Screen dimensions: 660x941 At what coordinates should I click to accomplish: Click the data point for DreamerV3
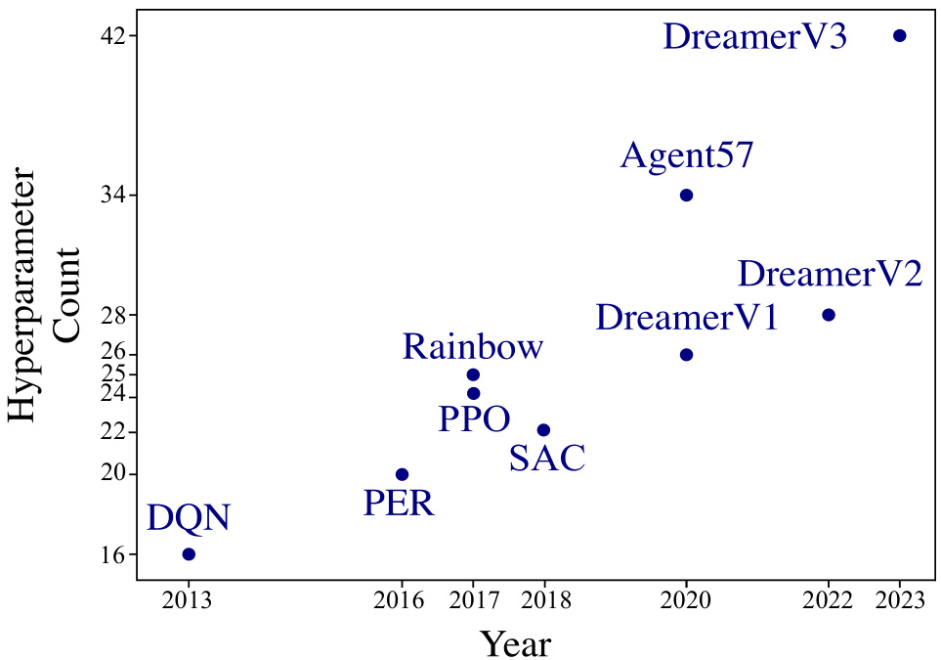899,35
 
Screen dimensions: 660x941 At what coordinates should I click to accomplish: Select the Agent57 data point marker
686,196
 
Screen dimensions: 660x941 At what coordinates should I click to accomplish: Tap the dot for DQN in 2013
189,554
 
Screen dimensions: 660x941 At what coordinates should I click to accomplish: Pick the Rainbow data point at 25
473,374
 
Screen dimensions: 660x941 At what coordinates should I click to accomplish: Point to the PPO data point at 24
473,393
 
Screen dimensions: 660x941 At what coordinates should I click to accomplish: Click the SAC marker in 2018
543,430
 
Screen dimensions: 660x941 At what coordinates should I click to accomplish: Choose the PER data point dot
402,474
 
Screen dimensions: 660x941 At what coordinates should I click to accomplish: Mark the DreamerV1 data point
686,354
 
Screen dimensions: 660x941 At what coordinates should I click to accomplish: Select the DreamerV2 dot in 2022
828,315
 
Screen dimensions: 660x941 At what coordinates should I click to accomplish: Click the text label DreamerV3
754,38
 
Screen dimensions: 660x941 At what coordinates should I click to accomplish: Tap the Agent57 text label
687,156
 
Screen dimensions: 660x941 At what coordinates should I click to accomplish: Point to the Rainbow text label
472,347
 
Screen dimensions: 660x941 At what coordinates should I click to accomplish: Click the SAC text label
547,459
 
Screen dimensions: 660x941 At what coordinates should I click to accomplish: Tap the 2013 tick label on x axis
189,600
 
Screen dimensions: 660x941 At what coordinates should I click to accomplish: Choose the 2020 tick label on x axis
686,600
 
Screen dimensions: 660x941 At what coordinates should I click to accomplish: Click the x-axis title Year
515,643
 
